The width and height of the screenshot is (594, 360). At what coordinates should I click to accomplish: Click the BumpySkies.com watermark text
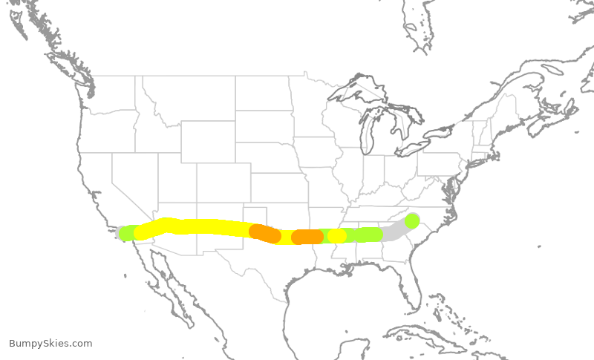pyautogui.click(x=50, y=344)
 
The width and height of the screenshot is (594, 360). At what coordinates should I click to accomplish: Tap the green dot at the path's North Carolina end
pyautogui.click(x=412, y=220)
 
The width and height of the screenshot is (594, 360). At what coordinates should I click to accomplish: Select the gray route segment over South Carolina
pyautogui.click(x=396, y=231)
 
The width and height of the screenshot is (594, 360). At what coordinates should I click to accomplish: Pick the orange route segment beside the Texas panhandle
pyautogui.click(x=264, y=233)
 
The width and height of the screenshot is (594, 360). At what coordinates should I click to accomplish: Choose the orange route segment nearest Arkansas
pyautogui.click(x=307, y=237)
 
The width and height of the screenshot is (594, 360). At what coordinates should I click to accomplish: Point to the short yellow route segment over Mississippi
pyautogui.click(x=337, y=236)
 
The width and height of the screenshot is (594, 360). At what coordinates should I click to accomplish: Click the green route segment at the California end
pyautogui.click(x=128, y=233)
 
